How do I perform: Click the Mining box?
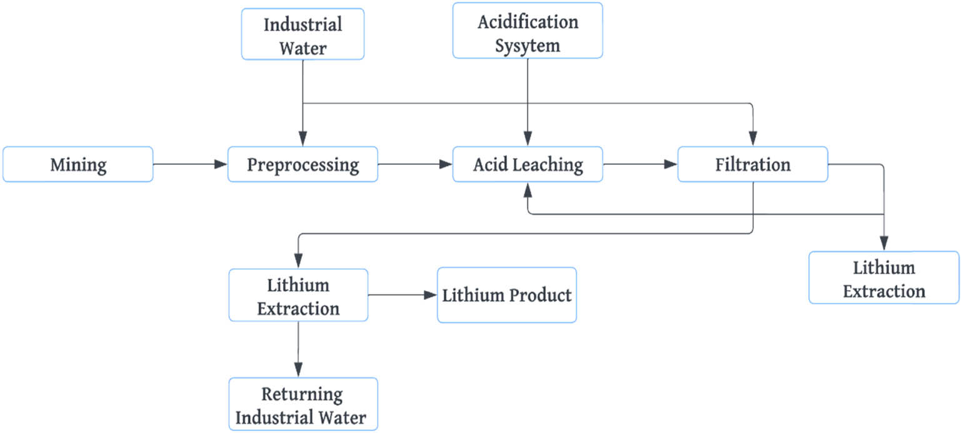[x=78, y=164]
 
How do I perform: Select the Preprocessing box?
[x=303, y=164]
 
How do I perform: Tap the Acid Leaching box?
[x=528, y=164]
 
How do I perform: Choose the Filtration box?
[x=753, y=164]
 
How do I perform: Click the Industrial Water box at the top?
[x=303, y=34]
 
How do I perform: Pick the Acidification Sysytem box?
[x=528, y=31]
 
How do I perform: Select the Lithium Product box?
[x=506, y=295]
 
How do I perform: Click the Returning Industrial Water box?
[x=303, y=404]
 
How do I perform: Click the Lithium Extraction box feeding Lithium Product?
[x=298, y=295]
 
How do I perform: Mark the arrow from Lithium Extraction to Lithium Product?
[x=402, y=295]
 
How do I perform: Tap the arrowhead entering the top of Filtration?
[x=753, y=141]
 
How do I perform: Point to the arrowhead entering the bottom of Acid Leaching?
[x=529, y=188]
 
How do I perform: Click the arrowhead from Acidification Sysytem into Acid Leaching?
[x=529, y=141]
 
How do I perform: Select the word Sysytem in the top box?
[x=528, y=46]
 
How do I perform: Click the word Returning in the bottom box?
[x=303, y=395]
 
